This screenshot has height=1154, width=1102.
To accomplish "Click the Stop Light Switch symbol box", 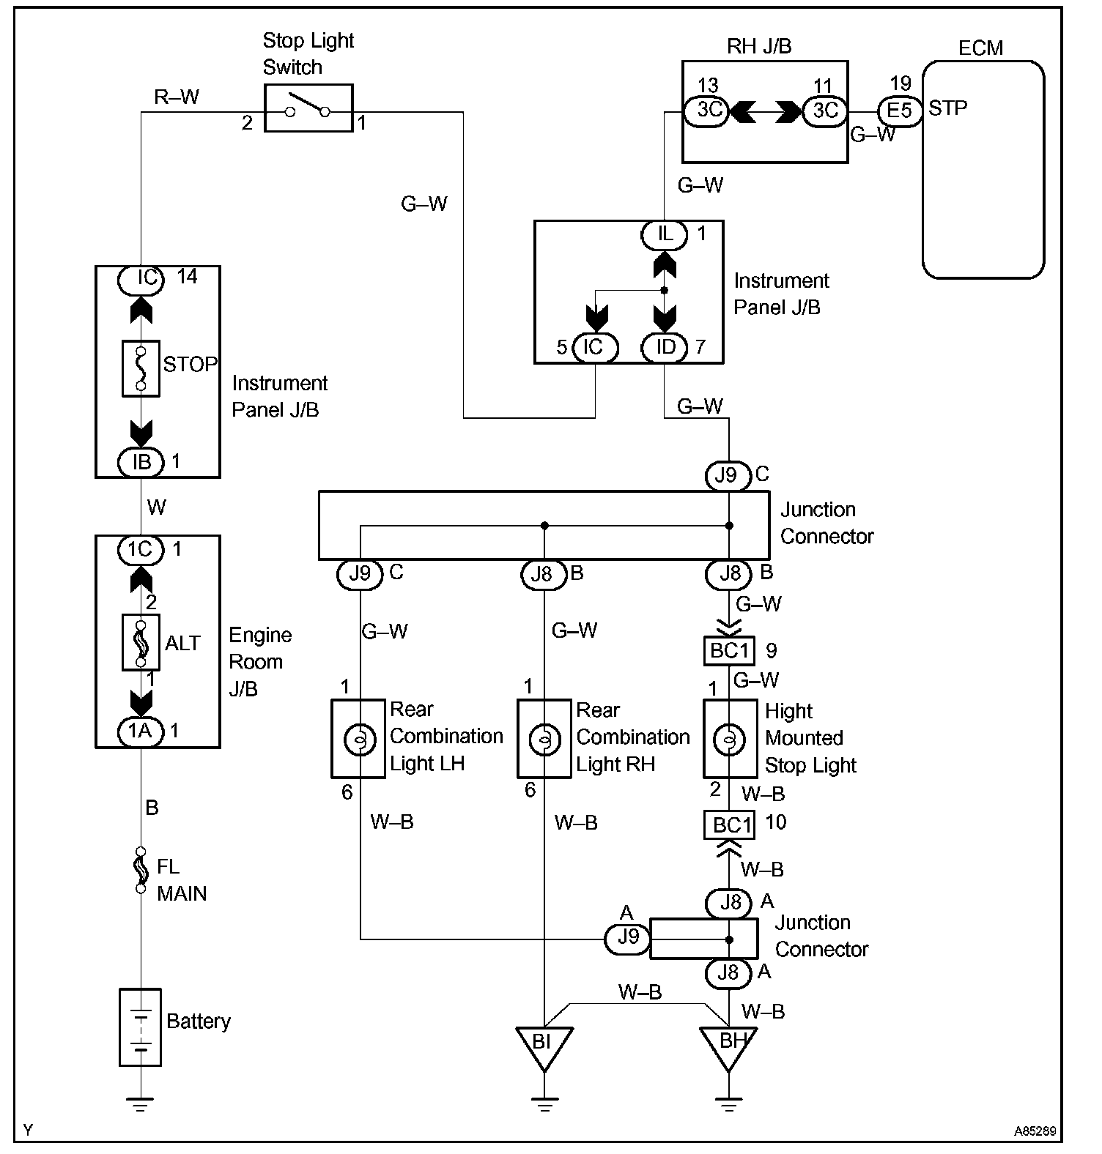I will pos(308,108).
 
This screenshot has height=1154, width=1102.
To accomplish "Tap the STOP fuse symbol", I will pos(141,368).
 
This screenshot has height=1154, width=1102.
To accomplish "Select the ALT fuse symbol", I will pos(141,642).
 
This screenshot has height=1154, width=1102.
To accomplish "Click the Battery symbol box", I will pos(140,1027).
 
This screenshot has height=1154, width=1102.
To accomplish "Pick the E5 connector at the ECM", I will pos(899,111).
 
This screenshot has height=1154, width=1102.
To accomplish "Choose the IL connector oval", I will pos(665,234).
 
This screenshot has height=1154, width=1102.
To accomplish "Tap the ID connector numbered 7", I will pos(665,347).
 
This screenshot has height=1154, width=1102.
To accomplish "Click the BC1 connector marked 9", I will pos(728,651).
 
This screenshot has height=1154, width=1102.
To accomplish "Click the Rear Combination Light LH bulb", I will pos(359,739).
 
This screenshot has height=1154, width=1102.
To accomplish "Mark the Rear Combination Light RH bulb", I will pos(544,739).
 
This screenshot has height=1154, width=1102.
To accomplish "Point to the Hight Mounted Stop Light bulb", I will pos(730,739).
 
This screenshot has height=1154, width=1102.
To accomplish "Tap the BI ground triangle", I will pos(544,1044).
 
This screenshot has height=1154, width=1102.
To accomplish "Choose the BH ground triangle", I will pos(728,1044).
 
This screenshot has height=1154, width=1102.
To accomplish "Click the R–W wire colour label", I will pos(177,97).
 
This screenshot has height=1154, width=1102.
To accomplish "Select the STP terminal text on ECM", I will pos(947,108).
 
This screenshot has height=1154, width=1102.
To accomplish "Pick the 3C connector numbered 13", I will pos(708,111).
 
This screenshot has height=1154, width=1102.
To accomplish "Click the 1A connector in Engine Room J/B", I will pos(140,731).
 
